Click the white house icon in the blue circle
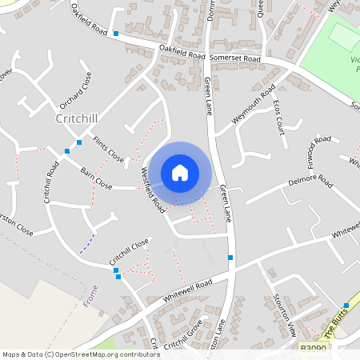coord(180,172)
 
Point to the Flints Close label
coord(108,150)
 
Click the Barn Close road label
coord(96,177)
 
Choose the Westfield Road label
coord(153,190)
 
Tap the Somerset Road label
coord(234,58)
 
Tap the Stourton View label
coord(284,317)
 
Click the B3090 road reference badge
coord(314,350)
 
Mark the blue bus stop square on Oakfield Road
coord(117,34)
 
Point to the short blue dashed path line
coord(87,242)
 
